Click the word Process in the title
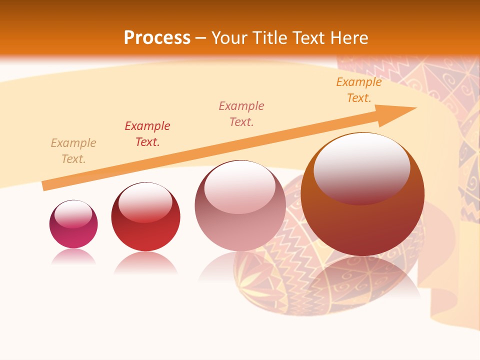[157, 38]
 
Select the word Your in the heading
[229, 38]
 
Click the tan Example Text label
[73, 151]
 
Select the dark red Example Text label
[147, 134]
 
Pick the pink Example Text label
[241, 114]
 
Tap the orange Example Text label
[359, 90]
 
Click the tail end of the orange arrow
[45, 185]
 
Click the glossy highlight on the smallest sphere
[73, 214]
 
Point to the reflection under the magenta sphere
[73, 256]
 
